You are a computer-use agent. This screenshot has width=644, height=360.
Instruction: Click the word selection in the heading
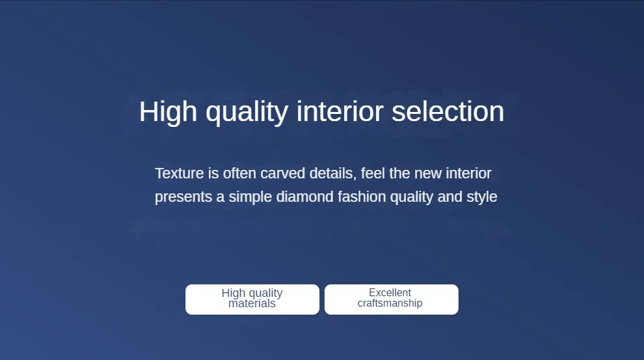pyautogui.click(x=448, y=111)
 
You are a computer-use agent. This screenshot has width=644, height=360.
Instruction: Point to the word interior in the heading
pyautogui.click(x=340, y=111)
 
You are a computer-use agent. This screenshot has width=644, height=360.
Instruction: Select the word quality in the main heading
pyautogui.click(x=247, y=113)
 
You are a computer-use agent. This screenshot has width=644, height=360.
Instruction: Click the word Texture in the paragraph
pyautogui.click(x=179, y=173)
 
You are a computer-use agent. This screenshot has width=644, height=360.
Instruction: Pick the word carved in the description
pyautogui.click(x=282, y=173)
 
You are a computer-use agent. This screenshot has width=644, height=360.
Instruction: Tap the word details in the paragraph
pyautogui.click(x=332, y=174)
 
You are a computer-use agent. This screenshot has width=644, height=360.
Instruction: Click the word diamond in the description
pyautogui.click(x=304, y=197)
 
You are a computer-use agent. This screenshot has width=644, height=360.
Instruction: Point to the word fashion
pyautogui.click(x=362, y=197)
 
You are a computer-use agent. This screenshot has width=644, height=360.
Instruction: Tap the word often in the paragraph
pyautogui.click(x=239, y=173)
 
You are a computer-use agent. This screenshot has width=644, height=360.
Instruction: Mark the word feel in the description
pyautogui.click(x=373, y=173)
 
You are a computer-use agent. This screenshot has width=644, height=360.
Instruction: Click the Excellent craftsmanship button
pyautogui.click(x=392, y=299)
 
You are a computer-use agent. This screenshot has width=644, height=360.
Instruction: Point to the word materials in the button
pyautogui.click(x=252, y=304)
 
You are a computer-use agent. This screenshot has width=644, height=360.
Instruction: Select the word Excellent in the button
pyautogui.click(x=390, y=292)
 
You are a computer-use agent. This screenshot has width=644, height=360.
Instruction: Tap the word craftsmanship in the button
pyautogui.click(x=390, y=303)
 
